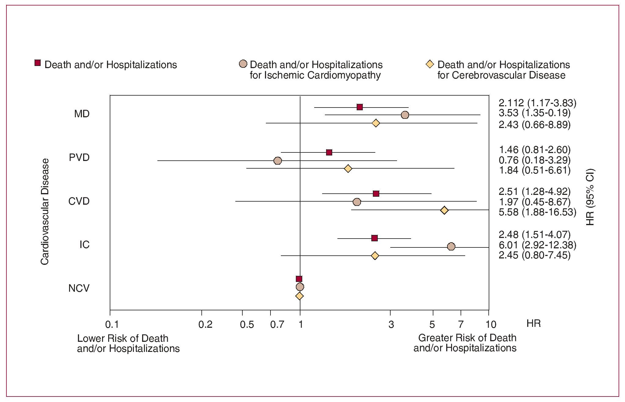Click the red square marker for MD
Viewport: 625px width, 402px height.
point(360,107)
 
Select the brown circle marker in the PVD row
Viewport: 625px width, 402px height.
point(278,161)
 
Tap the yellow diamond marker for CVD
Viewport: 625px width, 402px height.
point(444,210)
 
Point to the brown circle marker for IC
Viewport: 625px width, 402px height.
point(451,247)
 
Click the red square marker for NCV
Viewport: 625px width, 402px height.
point(299,279)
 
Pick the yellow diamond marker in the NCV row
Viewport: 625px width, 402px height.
point(300,296)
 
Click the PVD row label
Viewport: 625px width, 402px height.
point(79,158)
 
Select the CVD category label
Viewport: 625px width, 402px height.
point(79,201)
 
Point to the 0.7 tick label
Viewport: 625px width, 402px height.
point(277,324)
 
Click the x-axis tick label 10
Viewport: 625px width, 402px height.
point(491,324)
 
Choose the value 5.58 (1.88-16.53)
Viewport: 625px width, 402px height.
point(537,212)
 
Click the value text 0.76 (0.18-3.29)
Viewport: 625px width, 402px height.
point(535,160)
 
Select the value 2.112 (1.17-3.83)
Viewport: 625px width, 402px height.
point(537,103)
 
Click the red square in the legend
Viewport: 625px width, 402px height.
point(38,63)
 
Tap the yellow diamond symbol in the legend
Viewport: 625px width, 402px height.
point(430,64)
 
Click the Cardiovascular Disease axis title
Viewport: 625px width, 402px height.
point(45,211)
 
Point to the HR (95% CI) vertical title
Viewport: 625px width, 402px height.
point(590,197)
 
